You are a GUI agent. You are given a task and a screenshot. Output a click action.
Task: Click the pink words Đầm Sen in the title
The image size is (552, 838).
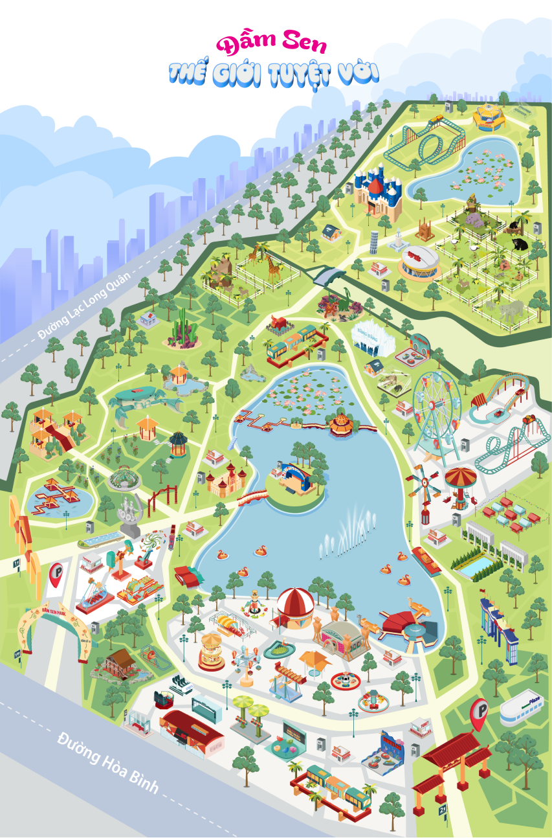(x=272, y=44)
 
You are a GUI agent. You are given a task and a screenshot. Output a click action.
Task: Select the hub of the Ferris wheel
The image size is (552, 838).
(x=436, y=407)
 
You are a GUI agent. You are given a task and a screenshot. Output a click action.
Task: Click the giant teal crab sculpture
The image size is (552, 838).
(x=137, y=401)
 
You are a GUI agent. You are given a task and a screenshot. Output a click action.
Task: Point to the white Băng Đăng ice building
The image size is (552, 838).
(x=371, y=337)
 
